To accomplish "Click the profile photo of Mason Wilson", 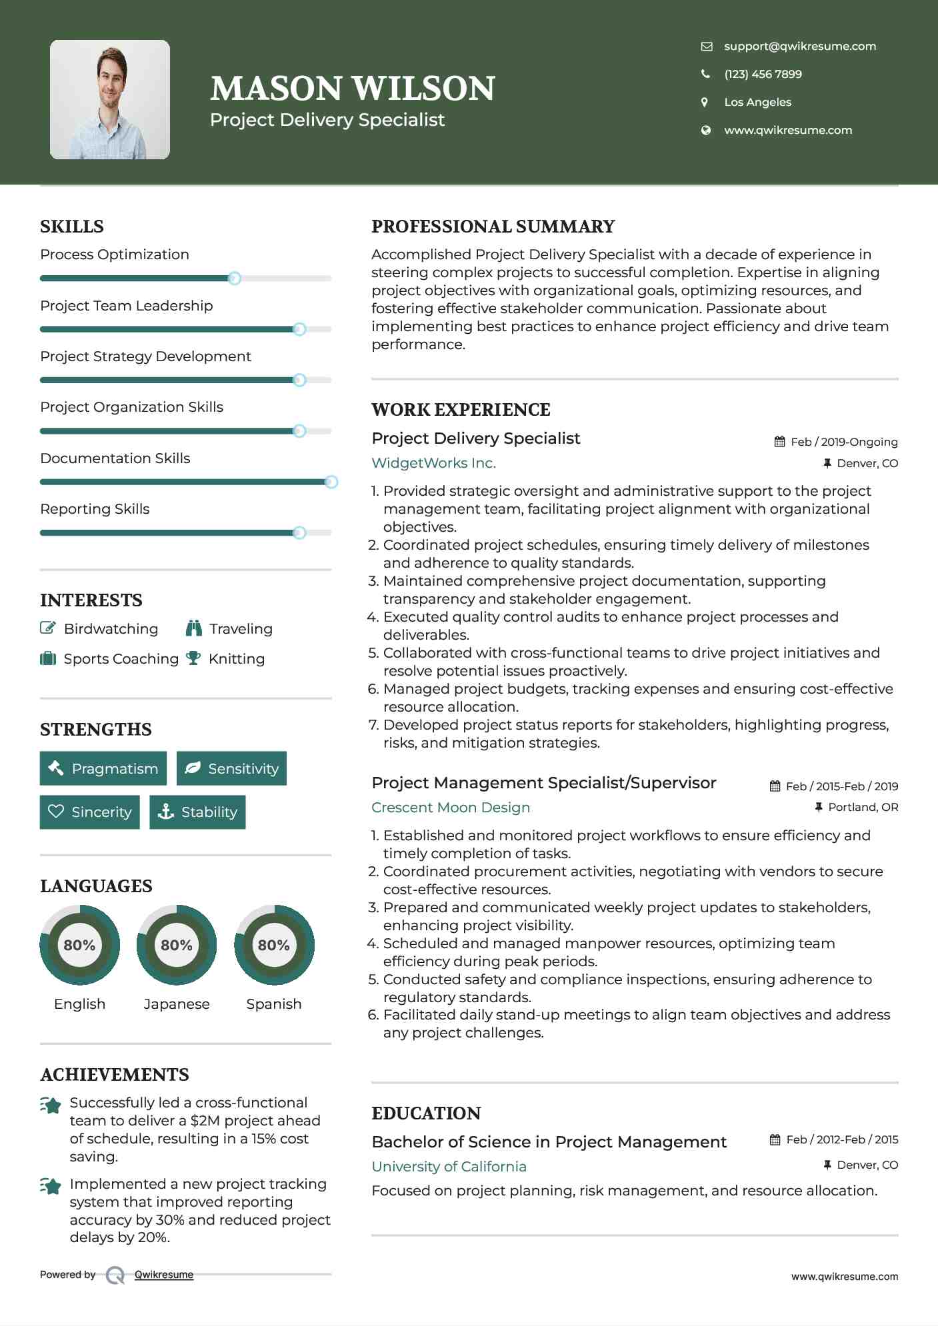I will tap(109, 99).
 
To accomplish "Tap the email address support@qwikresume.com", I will tap(799, 46).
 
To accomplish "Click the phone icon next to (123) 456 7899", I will tap(705, 74).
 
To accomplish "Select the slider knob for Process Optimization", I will tap(234, 279).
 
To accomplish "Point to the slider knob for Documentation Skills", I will tap(331, 482).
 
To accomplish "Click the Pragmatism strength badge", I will tap(103, 768).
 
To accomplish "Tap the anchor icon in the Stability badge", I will tap(165, 812).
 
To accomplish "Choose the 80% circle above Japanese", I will tap(177, 945).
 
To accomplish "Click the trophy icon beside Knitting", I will tap(193, 658).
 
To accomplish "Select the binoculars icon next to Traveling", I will tap(194, 628).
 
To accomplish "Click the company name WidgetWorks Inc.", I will tap(433, 463).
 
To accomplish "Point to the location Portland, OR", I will tap(863, 807).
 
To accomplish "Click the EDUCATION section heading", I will tap(426, 1113).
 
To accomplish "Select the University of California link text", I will tap(449, 1167).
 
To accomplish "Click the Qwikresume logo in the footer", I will tap(115, 1275).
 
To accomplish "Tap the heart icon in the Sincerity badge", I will tap(56, 812).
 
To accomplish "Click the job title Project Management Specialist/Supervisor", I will tap(543, 783).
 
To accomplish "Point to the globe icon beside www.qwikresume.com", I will tap(705, 130).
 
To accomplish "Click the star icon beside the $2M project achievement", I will tap(51, 1105).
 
